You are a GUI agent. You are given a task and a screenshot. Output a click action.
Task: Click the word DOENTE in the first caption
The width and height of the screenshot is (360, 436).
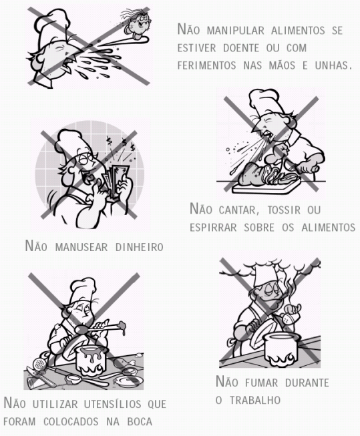pos(240,48)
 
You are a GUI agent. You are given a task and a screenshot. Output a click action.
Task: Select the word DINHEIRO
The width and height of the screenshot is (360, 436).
pos(139,247)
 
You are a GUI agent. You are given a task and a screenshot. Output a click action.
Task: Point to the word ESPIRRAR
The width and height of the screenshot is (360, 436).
pos(213,228)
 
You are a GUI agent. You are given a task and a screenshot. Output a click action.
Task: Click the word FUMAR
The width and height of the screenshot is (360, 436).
pos(262,383)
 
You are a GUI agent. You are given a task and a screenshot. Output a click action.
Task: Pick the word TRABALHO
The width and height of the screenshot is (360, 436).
pos(255,400)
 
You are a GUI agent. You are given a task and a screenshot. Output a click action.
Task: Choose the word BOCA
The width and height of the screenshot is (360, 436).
pos(140,421)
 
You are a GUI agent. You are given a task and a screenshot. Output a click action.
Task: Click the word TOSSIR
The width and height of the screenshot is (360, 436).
pos(284,210)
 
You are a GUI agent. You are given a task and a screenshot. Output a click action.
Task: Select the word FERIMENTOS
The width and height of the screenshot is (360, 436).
pos(206,65)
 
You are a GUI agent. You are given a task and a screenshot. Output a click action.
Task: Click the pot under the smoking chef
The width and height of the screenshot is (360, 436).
pos(281,349)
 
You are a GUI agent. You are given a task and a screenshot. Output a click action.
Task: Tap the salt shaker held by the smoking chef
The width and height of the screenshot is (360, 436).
pos(290,318)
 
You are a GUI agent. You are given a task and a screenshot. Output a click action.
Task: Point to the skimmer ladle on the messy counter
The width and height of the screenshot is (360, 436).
pos(41,367)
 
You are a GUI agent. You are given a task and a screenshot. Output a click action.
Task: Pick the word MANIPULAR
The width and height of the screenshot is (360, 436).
pos(235,30)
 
